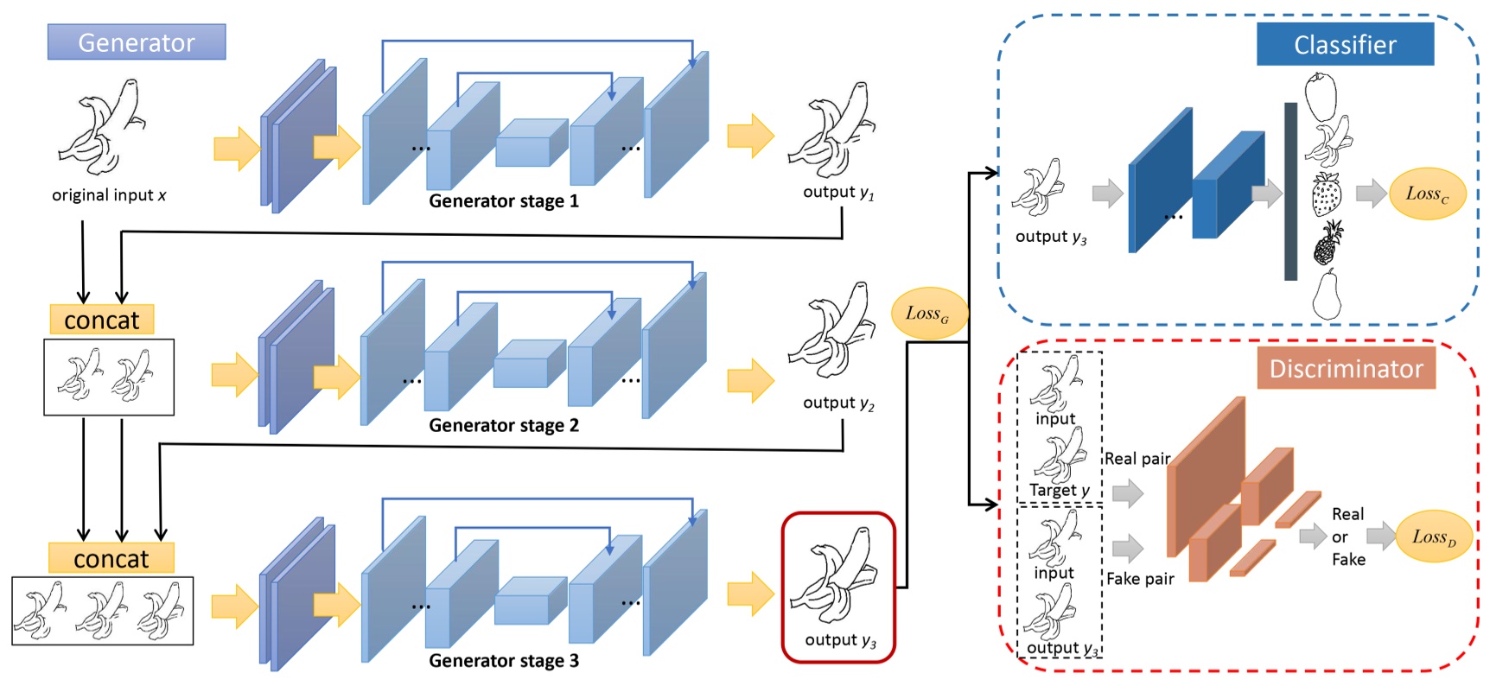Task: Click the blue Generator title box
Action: click(x=137, y=42)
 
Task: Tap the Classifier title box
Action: click(x=1345, y=45)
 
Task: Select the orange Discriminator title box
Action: click(x=1346, y=369)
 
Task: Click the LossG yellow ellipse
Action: click(x=928, y=314)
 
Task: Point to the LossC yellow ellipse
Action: click(x=1427, y=194)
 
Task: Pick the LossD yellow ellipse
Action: click(x=1434, y=537)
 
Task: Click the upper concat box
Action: click(x=101, y=320)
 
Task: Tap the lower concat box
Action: click(x=111, y=558)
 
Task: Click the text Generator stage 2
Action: click(x=504, y=425)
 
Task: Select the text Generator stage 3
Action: click(x=504, y=661)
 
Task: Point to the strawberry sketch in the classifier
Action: click(x=1326, y=194)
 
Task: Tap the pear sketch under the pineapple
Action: click(x=1327, y=295)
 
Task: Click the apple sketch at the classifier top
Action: click(x=1321, y=96)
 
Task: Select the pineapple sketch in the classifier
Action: click(x=1328, y=243)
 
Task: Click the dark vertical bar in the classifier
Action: click(x=1290, y=191)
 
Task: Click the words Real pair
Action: click(x=1137, y=459)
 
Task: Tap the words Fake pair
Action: click(x=1140, y=579)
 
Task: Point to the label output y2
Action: click(x=838, y=403)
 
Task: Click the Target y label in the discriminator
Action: click(x=1060, y=490)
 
